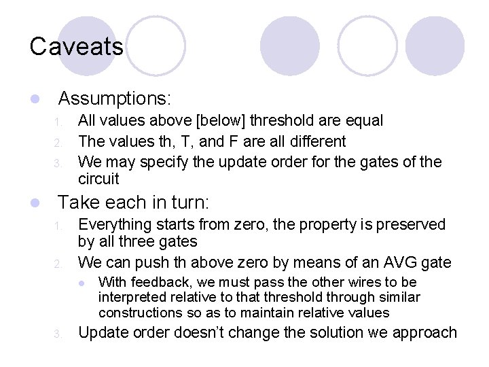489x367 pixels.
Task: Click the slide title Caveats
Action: [77, 47]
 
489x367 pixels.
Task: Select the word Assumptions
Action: [113, 99]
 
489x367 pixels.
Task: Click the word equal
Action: [364, 121]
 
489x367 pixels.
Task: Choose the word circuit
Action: [98, 179]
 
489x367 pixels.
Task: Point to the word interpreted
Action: [130, 297]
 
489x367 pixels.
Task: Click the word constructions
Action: [135, 313]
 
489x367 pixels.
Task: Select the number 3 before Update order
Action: [58, 334]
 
